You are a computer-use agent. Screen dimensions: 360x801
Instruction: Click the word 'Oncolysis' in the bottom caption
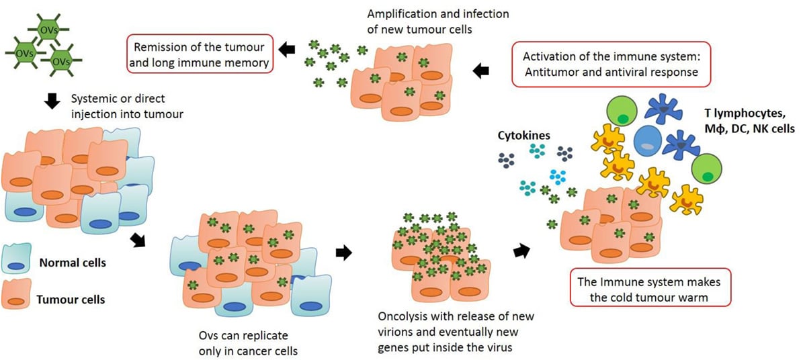pos(400,316)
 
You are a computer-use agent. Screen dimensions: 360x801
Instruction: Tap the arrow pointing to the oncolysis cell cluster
pos(343,253)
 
